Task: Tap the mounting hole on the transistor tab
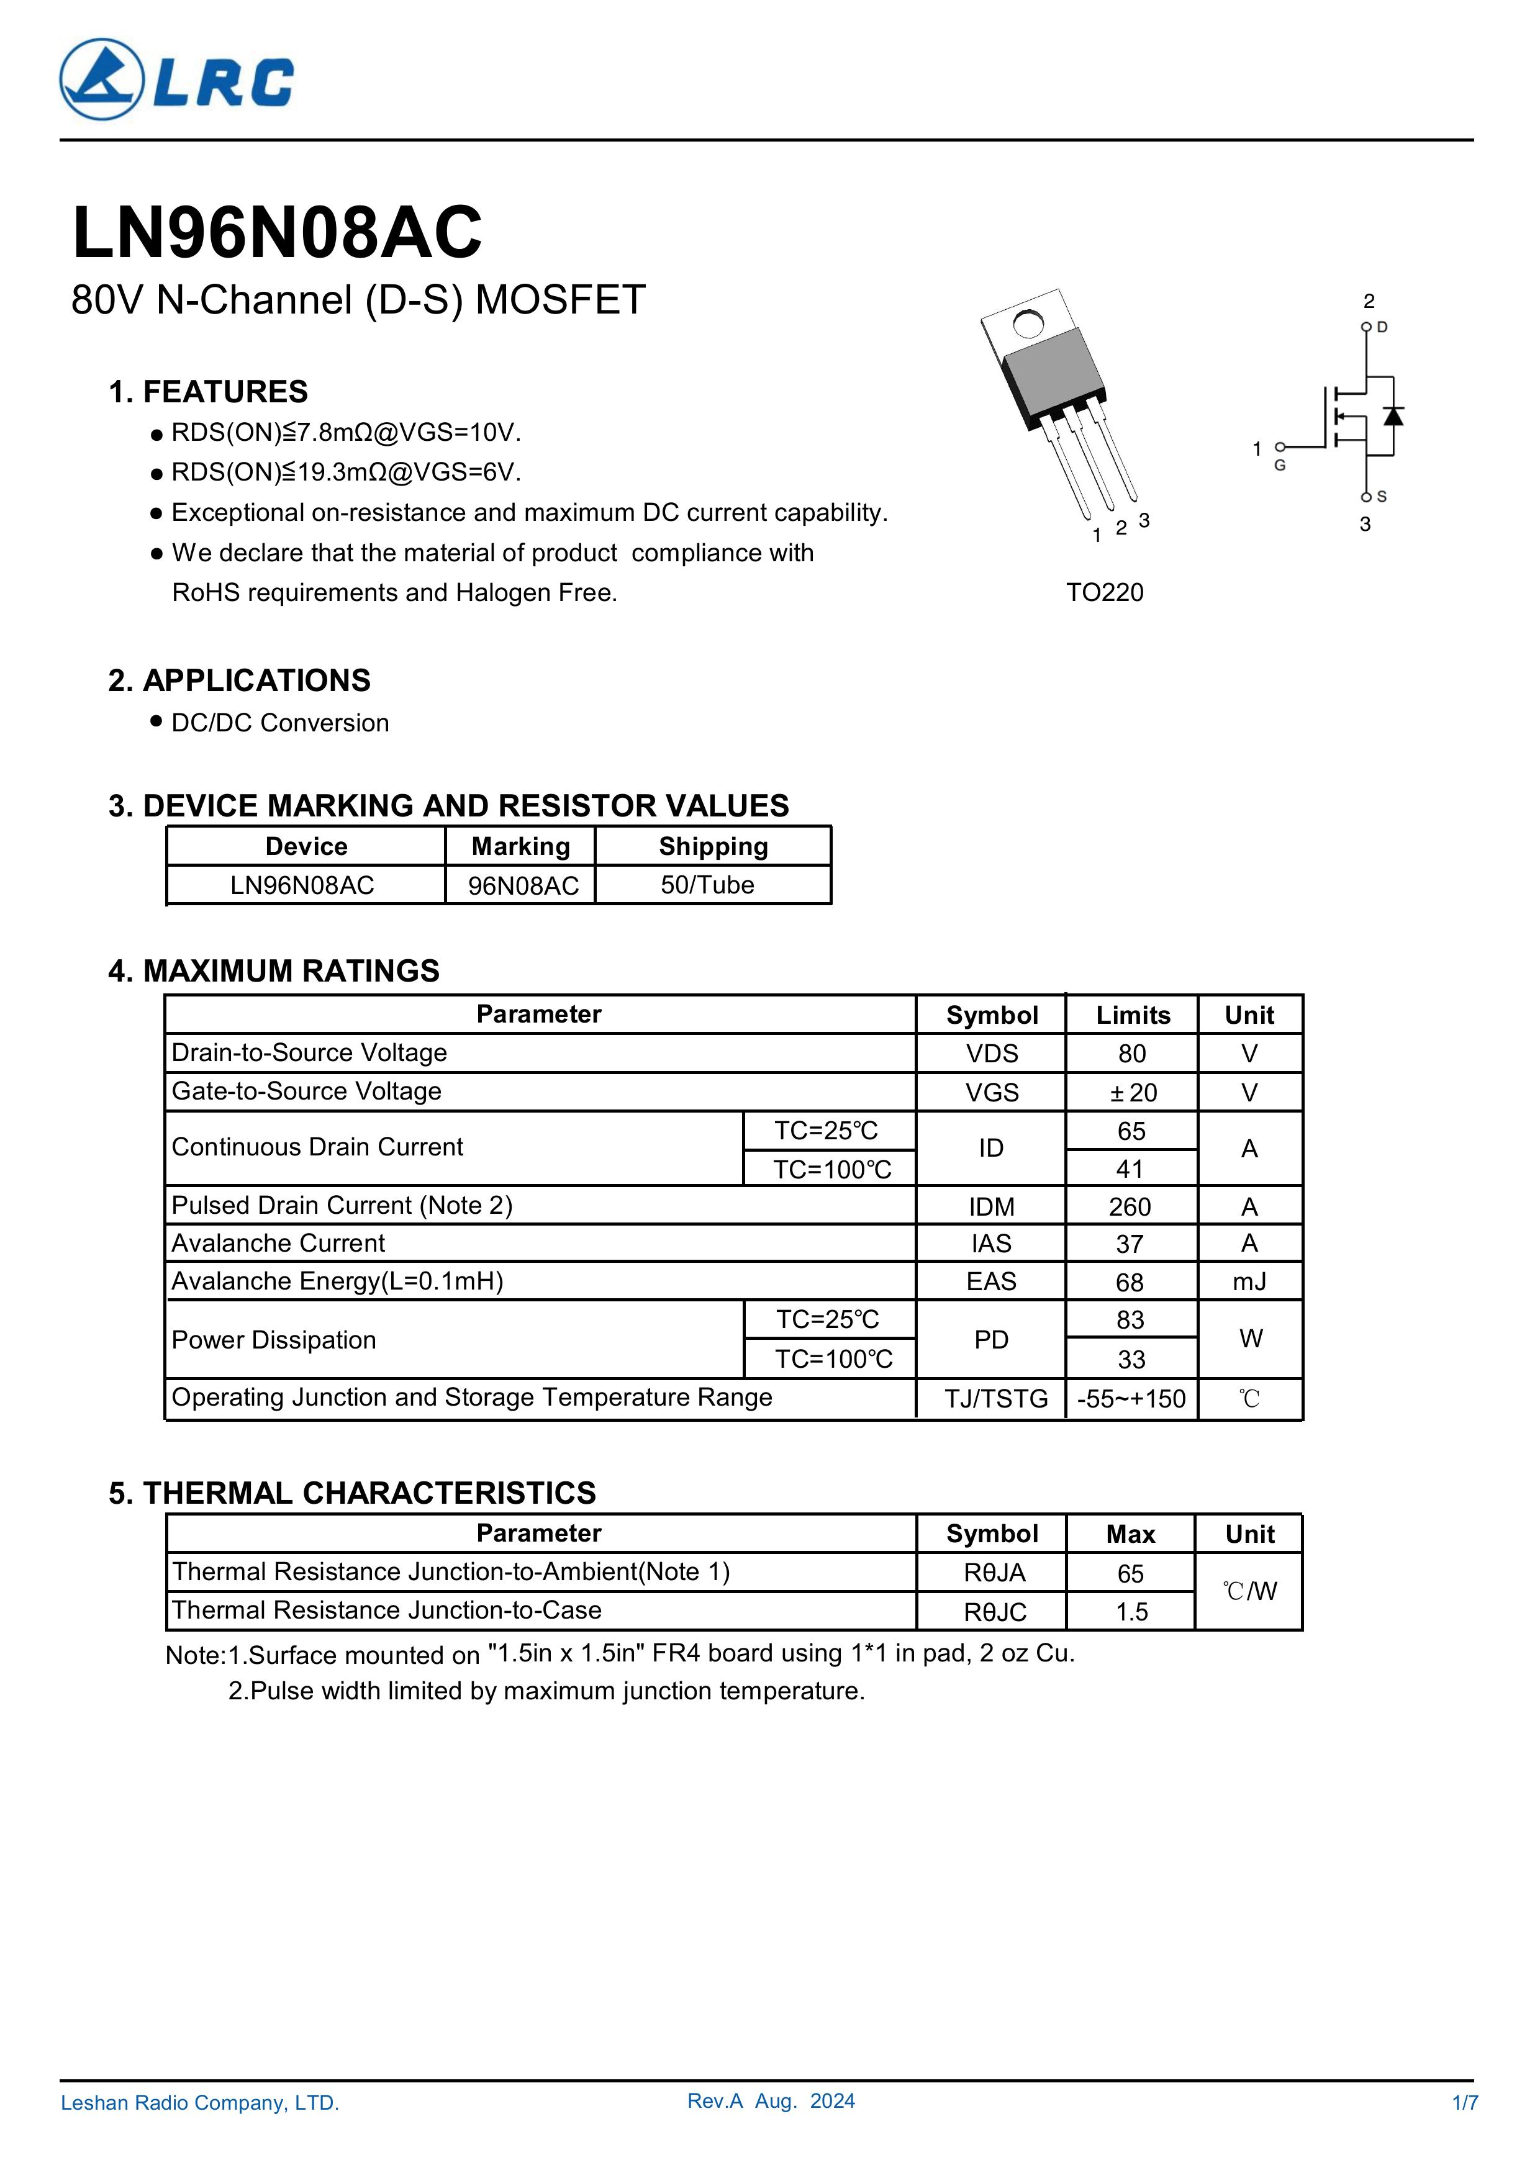click(1028, 325)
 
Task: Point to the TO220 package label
click(1105, 593)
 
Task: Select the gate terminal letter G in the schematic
click(1280, 466)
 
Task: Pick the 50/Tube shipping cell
click(708, 885)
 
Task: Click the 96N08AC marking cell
click(523, 886)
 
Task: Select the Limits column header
click(1133, 1015)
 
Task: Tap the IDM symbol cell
click(992, 1206)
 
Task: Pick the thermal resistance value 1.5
click(1131, 1612)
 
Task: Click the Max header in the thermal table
click(1131, 1534)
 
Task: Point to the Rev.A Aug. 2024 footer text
click(771, 2128)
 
